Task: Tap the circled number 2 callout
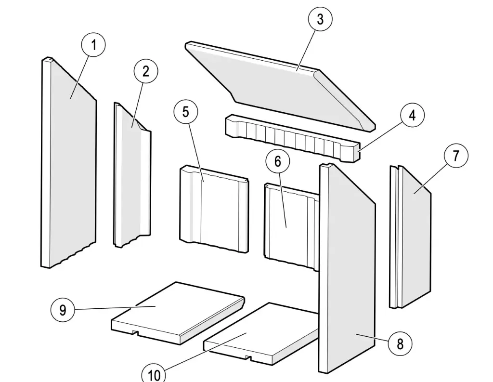point(145,71)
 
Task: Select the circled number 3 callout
point(320,20)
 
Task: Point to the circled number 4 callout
point(412,116)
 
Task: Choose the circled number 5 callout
point(186,112)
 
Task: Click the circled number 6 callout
point(278,161)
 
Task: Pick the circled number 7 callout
point(455,156)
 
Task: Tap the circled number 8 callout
point(400,343)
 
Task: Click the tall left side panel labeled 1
point(70,164)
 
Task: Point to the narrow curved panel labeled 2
point(131,178)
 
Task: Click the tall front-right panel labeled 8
point(347,270)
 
